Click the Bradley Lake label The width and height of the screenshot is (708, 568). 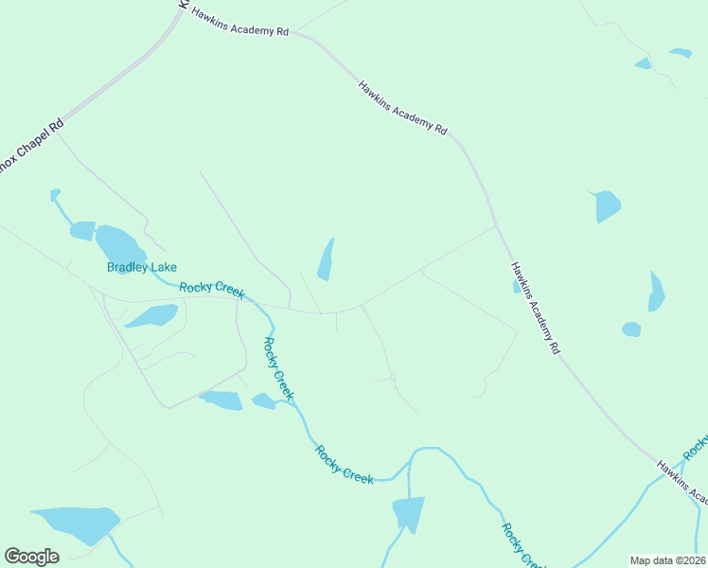pos(142,268)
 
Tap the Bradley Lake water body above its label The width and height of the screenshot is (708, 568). pos(118,246)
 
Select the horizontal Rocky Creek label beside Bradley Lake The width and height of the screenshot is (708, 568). pos(212,289)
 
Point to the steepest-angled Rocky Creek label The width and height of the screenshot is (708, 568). pos(278,369)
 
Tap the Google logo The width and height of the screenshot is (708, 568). pos(31,557)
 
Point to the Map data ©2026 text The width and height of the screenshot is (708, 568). pos(666,560)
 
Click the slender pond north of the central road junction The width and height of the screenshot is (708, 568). pos(327,259)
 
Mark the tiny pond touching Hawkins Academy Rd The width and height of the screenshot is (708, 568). pos(516,286)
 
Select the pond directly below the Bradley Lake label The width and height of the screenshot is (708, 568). pos(151,315)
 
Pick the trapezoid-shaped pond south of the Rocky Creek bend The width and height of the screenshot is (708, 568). pos(409,514)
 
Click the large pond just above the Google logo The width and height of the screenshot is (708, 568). pos(78,523)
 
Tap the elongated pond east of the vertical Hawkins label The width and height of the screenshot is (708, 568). pos(656,292)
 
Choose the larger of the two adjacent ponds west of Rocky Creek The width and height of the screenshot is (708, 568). pos(222,399)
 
